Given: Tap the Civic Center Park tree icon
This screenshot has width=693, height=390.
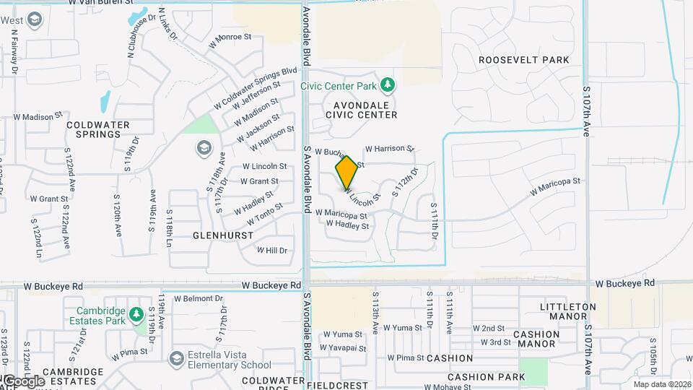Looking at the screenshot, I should (388, 86).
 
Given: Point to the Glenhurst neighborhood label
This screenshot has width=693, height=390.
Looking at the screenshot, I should (223, 235).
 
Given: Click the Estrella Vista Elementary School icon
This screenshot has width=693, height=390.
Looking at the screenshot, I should (176, 359).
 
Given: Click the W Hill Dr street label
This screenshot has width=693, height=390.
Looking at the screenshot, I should (272, 251).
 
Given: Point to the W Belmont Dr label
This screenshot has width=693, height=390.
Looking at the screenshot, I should (193, 298).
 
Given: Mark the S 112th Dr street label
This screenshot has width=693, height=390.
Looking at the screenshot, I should (405, 182).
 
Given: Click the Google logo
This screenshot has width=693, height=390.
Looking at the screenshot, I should (23, 381).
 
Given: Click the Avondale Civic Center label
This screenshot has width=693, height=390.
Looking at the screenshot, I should (361, 109).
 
